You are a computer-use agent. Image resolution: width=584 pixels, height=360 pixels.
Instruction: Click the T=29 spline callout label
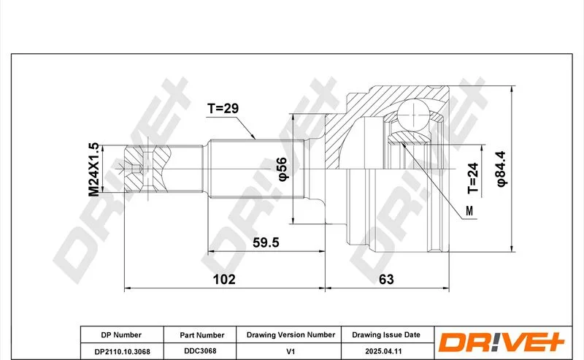coord(223,109)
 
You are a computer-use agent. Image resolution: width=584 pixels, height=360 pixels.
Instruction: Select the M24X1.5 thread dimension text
coord(93,169)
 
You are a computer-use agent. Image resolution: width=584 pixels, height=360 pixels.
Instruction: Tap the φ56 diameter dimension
coord(283,169)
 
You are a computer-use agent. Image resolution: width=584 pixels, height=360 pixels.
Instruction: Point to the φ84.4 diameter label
coord(501,169)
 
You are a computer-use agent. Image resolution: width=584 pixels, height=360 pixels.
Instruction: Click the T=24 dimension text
coord(472,178)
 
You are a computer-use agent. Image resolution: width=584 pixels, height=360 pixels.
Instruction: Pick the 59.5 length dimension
coord(266,242)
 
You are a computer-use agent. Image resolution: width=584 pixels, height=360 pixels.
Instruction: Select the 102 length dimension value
coord(224,279)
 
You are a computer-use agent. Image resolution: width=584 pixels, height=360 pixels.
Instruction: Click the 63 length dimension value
coord(386,279)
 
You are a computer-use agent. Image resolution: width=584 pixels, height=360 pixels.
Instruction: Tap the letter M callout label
coord(469,211)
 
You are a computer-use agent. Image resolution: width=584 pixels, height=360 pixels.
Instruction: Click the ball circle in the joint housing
coord(412,114)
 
